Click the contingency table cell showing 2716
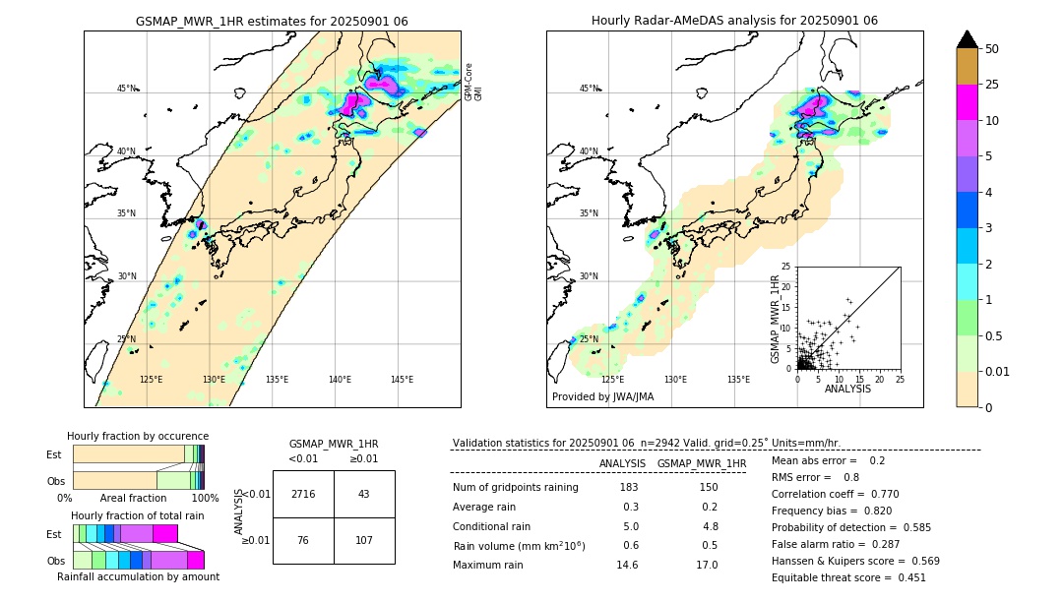[303, 494]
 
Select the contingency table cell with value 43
[364, 494]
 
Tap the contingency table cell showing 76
[303, 541]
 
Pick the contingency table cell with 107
[364, 541]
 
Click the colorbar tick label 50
[992, 49]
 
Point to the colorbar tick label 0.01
[998, 371]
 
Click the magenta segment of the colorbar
[968, 103]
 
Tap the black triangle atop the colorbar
[968, 39]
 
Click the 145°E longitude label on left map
[402, 380]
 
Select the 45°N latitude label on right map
[588, 89]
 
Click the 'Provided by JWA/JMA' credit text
[602, 396]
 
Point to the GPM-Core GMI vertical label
[473, 82]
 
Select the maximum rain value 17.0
[707, 565]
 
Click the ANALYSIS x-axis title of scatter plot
[847, 389]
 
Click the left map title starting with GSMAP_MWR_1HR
[272, 21]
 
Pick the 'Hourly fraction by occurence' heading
[138, 436]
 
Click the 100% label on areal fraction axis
[205, 499]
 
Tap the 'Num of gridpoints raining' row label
[516, 488]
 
